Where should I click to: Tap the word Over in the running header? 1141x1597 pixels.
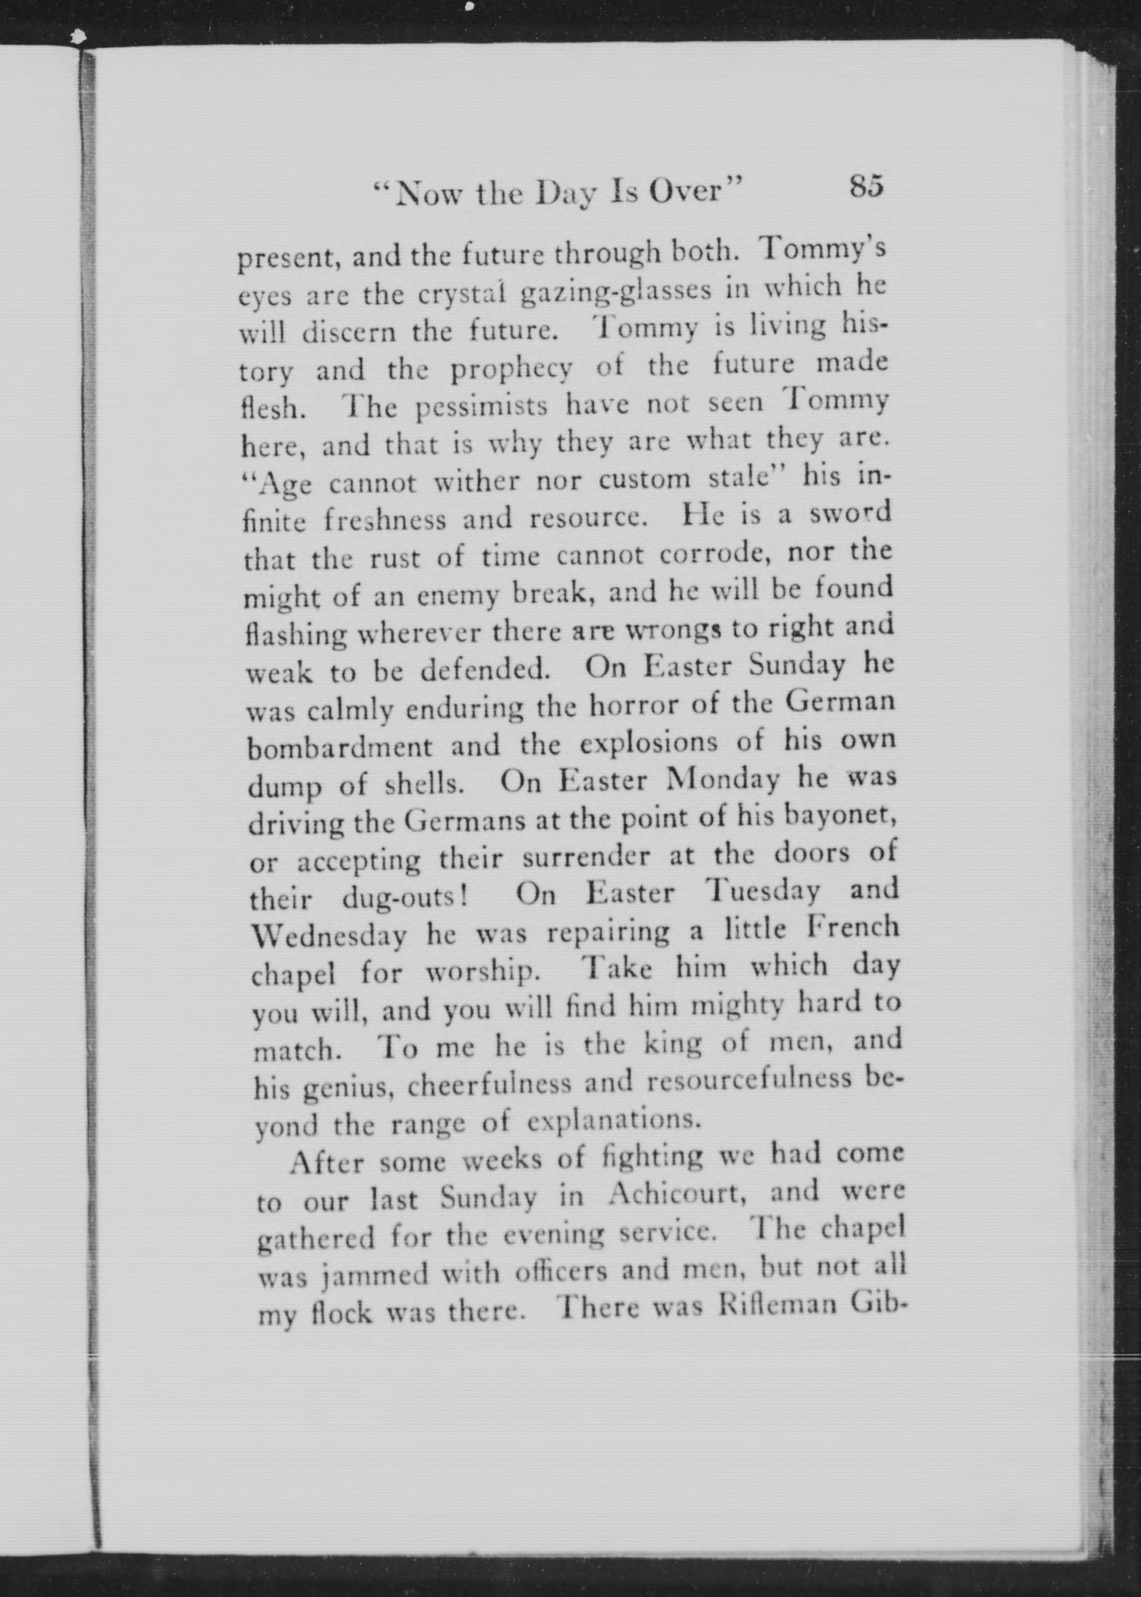(x=695, y=191)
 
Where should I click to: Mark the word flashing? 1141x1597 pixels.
(x=296, y=635)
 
